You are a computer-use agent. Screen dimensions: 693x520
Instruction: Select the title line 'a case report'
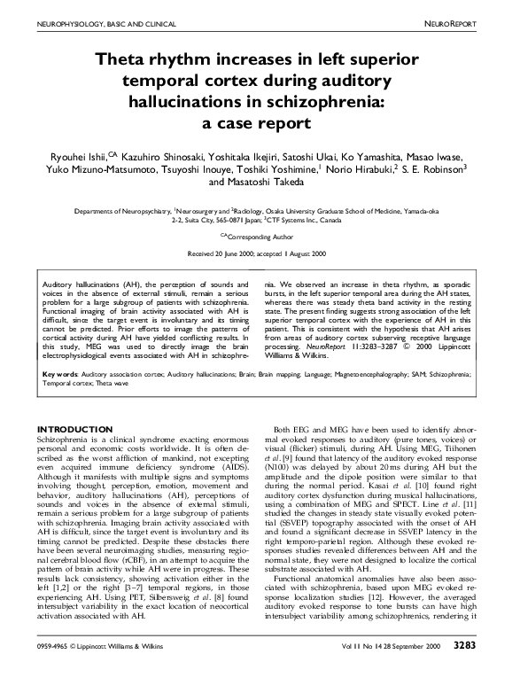click(260, 123)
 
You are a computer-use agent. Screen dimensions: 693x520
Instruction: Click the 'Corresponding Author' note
click(263, 237)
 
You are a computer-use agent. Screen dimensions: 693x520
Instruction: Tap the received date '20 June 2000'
click(236, 253)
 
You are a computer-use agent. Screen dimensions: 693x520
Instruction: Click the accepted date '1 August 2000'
click(307, 253)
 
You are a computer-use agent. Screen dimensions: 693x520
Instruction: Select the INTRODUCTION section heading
click(69, 429)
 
